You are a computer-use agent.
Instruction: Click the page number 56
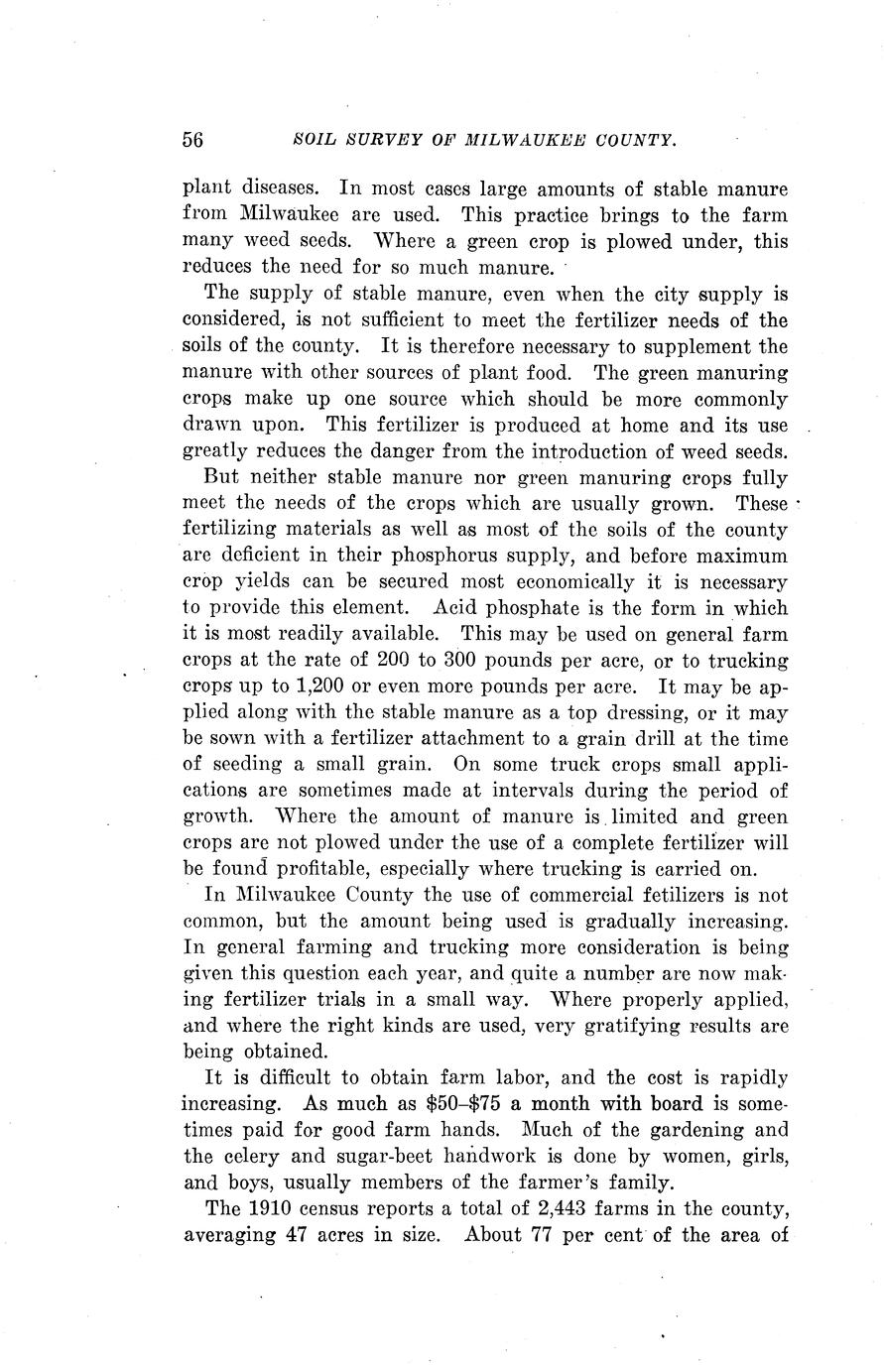(x=192, y=140)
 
